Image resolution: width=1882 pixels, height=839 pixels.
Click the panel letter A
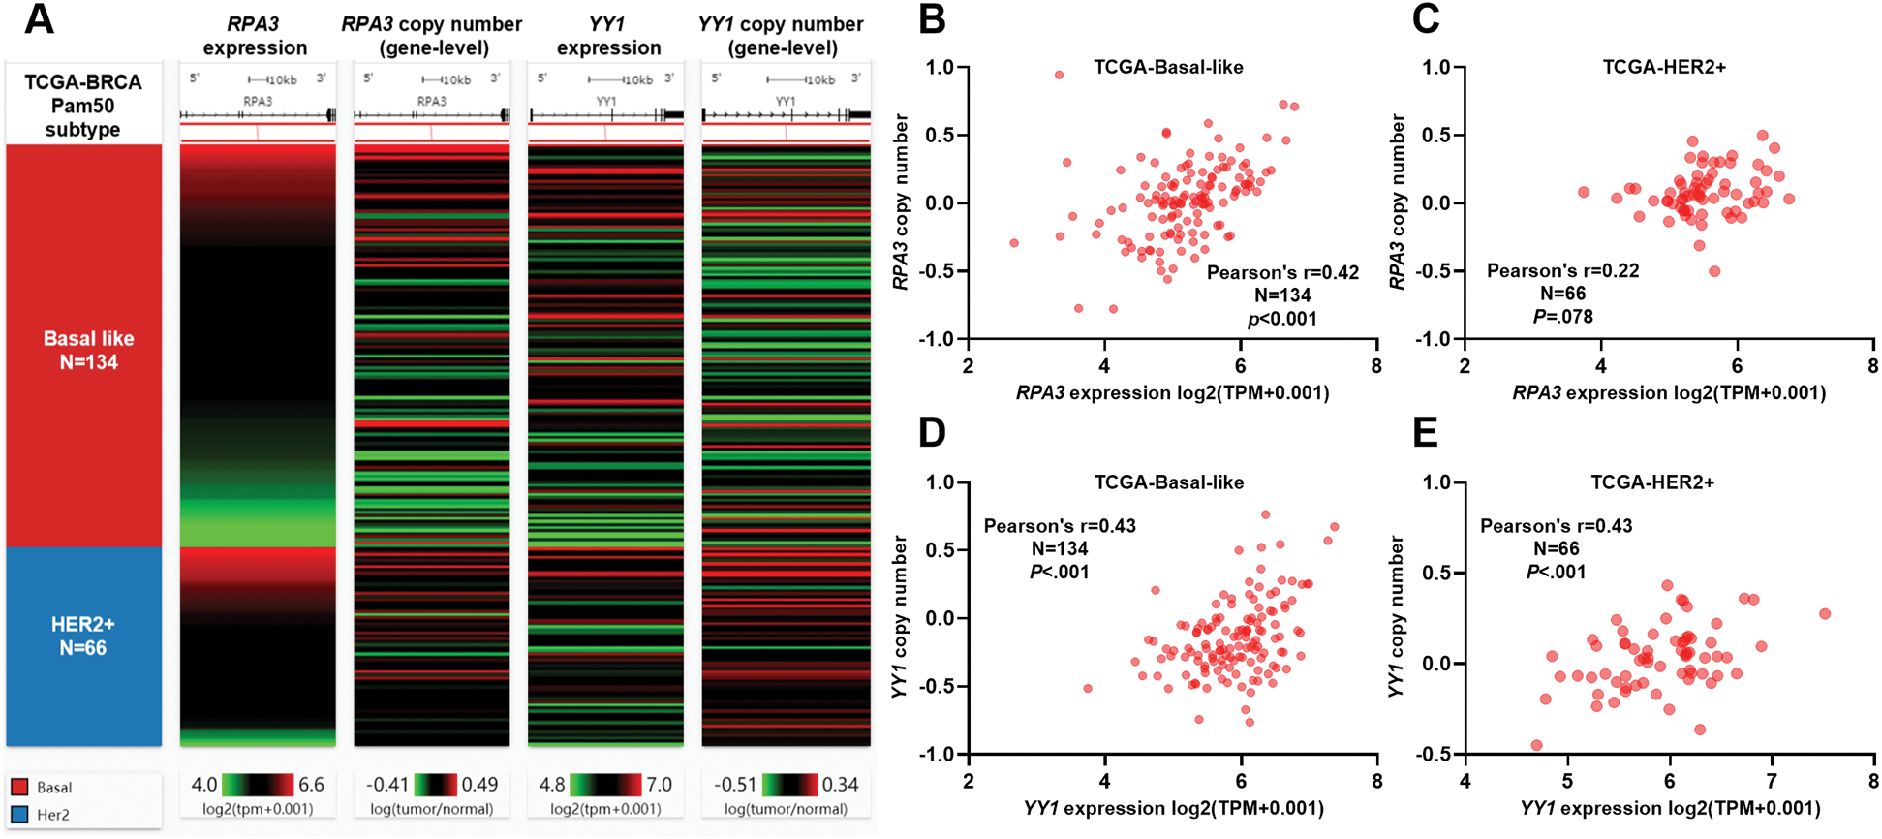pos(39,19)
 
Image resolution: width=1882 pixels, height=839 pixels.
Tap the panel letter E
pos(1426,433)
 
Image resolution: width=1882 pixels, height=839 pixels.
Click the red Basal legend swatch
pos(19,787)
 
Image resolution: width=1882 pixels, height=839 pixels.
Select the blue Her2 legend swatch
pos(19,815)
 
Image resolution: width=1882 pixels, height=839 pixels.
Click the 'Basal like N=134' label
pos(88,351)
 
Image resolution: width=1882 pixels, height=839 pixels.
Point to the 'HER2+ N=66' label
pos(83,636)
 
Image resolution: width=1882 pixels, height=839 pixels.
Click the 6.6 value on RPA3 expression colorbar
pos(311,784)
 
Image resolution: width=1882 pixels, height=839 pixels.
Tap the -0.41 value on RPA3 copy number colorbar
pos(387,784)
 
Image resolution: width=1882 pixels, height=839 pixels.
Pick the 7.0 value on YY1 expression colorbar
pos(659,784)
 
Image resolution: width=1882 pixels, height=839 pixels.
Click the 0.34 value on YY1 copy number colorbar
pos(841,784)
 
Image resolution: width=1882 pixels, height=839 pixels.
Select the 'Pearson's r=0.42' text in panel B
pos(1282,272)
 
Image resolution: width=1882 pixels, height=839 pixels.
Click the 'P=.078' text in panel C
pos(1562,316)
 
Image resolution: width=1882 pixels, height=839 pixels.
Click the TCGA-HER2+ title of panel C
pos(1664,67)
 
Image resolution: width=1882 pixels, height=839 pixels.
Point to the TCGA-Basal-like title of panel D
pos(1169,482)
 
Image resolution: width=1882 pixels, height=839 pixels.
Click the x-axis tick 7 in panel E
pos(1772,781)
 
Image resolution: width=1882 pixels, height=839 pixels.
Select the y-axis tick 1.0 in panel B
pos(940,68)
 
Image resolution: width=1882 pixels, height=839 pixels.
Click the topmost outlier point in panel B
pos(1059,75)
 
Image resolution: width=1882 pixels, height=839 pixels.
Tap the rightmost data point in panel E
pos(1825,613)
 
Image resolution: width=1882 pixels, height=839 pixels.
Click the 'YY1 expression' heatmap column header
pos(607,36)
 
